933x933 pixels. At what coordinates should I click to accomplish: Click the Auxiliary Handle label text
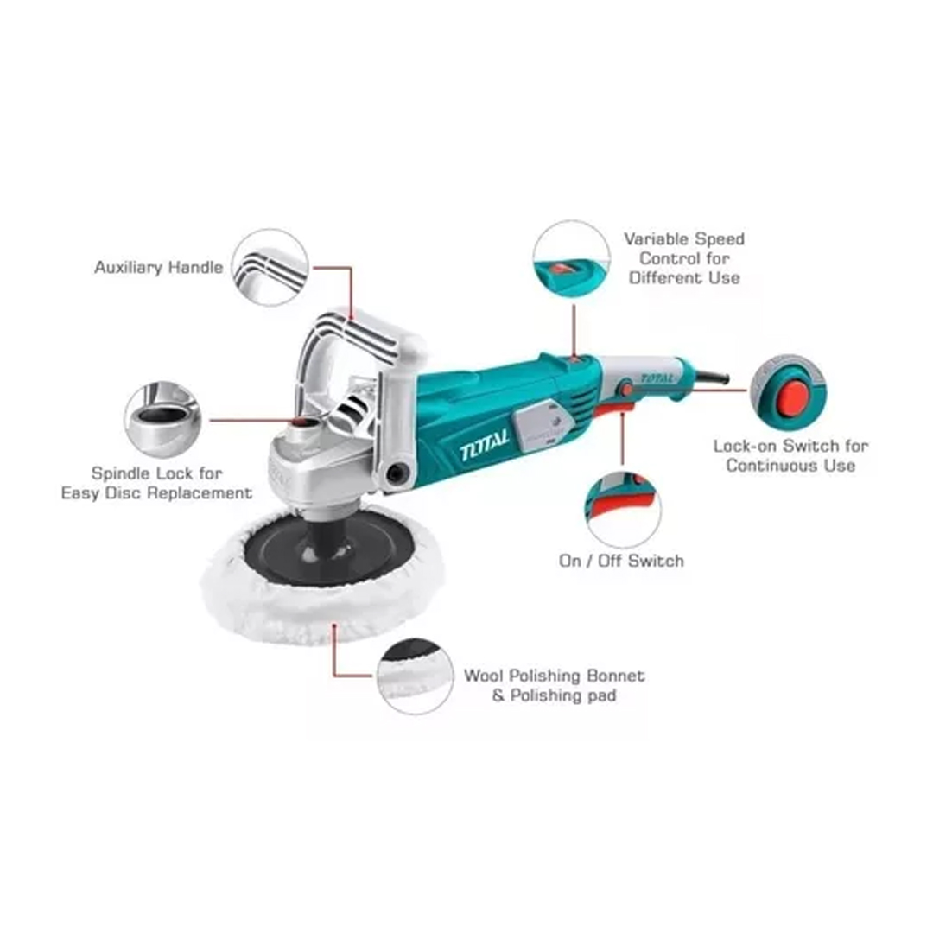(159, 268)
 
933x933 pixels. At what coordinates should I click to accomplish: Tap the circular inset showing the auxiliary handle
(270, 268)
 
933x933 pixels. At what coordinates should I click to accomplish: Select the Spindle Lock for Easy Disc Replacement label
(156, 483)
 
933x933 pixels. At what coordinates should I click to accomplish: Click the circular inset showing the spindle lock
(162, 420)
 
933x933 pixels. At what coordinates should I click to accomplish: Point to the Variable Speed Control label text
(684, 258)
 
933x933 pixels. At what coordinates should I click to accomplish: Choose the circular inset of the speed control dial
(572, 259)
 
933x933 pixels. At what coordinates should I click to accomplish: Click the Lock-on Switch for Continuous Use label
(790, 456)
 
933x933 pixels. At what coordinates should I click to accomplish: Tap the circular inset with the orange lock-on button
(788, 392)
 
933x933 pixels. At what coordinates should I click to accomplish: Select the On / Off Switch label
(621, 562)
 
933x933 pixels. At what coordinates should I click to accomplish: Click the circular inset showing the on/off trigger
(622, 510)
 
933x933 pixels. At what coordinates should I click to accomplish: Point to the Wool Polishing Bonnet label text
(554, 685)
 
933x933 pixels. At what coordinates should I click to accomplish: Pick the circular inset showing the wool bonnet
(416, 676)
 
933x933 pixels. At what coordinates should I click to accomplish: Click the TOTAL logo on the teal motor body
(484, 444)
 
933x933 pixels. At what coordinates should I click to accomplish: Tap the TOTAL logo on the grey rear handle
(657, 378)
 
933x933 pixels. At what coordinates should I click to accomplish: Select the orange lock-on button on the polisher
(626, 389)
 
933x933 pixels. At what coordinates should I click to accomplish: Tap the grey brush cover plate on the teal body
(541, 423)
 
